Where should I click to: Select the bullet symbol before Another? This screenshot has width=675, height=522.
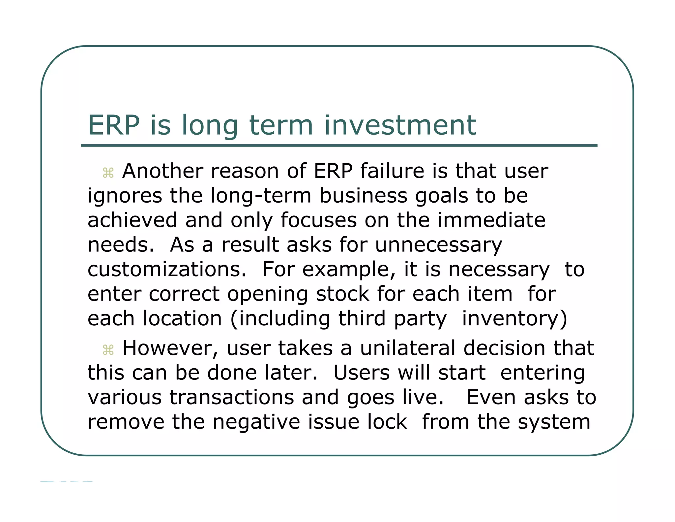pyautogui.click(x=108, y=173)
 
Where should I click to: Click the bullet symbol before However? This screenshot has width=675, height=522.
pyautogui.click(x=108, y=350)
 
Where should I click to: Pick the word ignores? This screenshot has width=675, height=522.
pyautogui.click(x=125, y=196)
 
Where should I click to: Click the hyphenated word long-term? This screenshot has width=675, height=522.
pyautogui.click(x=261, y=196)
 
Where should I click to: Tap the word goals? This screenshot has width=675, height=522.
pyautogui.click(x=442, y=196)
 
